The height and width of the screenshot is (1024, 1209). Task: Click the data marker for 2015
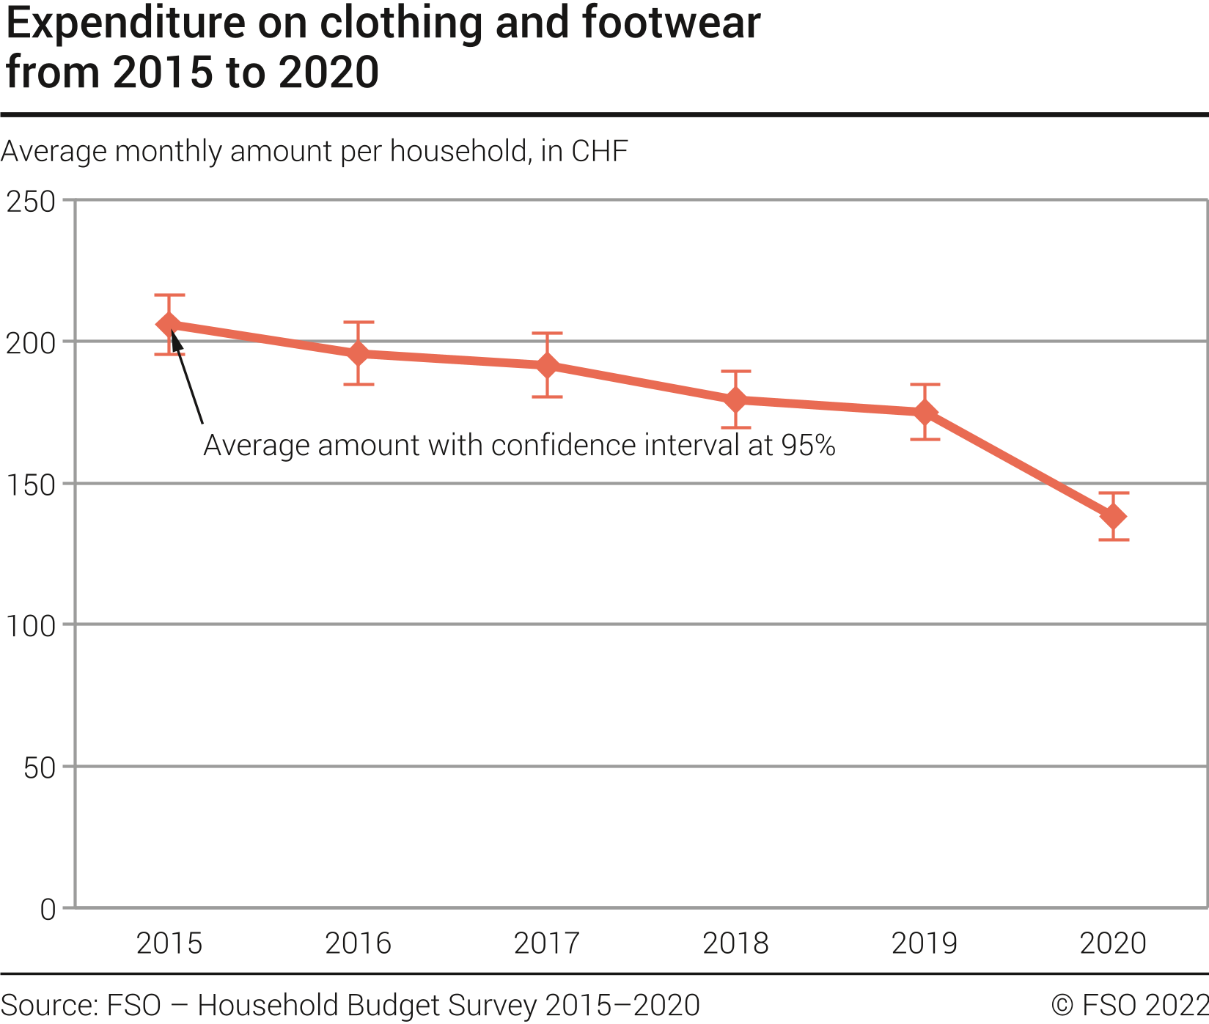coord(169,324)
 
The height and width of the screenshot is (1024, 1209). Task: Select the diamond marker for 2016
coord(358,353)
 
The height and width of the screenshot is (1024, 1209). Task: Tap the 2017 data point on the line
coord(547,365)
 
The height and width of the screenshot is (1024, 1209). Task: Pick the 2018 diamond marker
coord(735,399)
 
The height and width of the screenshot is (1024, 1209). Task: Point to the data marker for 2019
coord(925,412)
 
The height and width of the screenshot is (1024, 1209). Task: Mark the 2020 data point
coord(1113,517)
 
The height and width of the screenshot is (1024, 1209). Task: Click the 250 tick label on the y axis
coord(31,202)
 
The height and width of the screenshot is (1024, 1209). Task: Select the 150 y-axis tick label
coord(31,485)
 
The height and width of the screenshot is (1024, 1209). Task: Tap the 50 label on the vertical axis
coord(40,767)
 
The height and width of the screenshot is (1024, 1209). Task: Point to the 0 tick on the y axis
coord(48,910)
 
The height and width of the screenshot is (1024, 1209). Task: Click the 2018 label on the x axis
coord(735,943)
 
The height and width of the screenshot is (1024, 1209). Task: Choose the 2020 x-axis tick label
coord(1113,943)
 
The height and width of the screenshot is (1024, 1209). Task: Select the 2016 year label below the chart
coord(358,943)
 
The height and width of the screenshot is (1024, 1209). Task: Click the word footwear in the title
coord(671,23)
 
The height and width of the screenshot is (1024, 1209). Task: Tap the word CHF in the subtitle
coord(599,151)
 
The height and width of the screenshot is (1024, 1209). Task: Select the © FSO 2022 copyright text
coord(1129,1005)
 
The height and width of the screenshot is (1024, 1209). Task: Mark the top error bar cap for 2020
coord(1113,493)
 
